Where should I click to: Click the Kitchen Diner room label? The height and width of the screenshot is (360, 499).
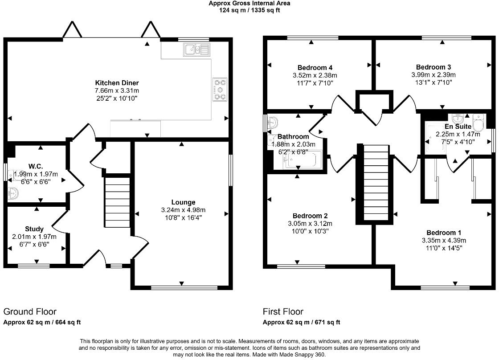pos(117,83)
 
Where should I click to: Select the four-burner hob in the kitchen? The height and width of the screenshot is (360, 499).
pos(220,89)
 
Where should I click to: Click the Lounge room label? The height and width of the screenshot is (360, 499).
pos(183,202)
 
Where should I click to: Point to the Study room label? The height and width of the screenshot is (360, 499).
pos(34,229)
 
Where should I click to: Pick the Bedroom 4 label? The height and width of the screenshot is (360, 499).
pos(312,68)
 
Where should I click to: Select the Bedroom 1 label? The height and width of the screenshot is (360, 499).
pos(444,233)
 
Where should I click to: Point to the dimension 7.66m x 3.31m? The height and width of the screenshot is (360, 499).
pos(117,90)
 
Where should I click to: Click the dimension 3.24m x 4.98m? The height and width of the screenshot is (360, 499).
pos(183,210)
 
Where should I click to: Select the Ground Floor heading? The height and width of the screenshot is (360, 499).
pos(30,311)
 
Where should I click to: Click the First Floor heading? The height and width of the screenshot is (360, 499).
pos(283,311)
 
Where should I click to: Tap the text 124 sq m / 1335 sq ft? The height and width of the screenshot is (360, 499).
pos(250,10)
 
